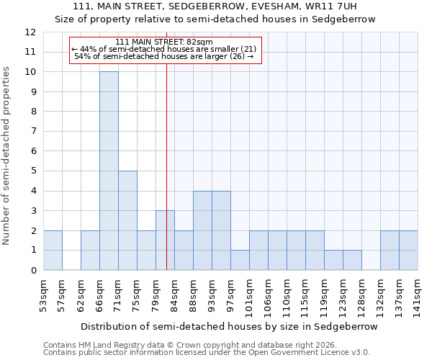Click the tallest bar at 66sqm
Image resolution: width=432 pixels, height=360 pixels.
tap(109, 171)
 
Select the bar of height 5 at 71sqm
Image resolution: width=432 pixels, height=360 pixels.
tap(127, 220)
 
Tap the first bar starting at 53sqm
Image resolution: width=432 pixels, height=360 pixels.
tap(53, 250)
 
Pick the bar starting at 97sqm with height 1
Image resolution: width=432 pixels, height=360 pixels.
tap(240, 260)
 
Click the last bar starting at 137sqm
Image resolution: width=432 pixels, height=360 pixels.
tap(408, 250)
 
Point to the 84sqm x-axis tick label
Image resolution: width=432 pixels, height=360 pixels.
tap(174, 294)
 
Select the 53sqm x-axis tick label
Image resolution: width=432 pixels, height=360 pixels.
tap(43, 294)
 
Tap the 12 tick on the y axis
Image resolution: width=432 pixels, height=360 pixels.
tap(30, 32)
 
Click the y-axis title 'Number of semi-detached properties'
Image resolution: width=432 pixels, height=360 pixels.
tap(7, 156)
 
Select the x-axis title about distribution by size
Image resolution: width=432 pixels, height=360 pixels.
tap(229, 326)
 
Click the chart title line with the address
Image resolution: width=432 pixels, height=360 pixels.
tap(216, 6)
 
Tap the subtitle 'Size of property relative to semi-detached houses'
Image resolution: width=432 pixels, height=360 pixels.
tap(216, 19)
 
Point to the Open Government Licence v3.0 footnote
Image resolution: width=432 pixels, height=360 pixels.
tap(207, 353)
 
